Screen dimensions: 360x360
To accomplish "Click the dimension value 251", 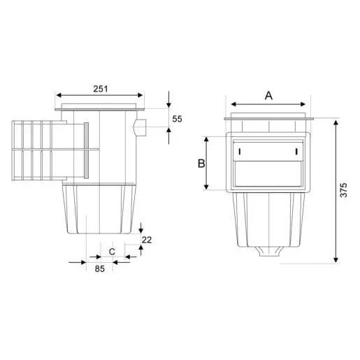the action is tap(101, 89).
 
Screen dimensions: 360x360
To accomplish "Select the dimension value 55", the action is tap(177, 119).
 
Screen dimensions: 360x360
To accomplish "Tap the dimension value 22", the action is tap(147, 240).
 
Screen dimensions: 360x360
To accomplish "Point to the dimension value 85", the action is tap(100, 268).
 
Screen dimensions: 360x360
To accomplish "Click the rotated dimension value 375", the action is tap(343, 190).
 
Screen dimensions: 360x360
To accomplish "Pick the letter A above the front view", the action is tap(268, 96).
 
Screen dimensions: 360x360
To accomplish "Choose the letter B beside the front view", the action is tap(201, 164).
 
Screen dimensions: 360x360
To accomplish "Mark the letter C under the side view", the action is tap(112, 252).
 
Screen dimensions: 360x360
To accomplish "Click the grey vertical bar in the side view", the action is tap(86, 150).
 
